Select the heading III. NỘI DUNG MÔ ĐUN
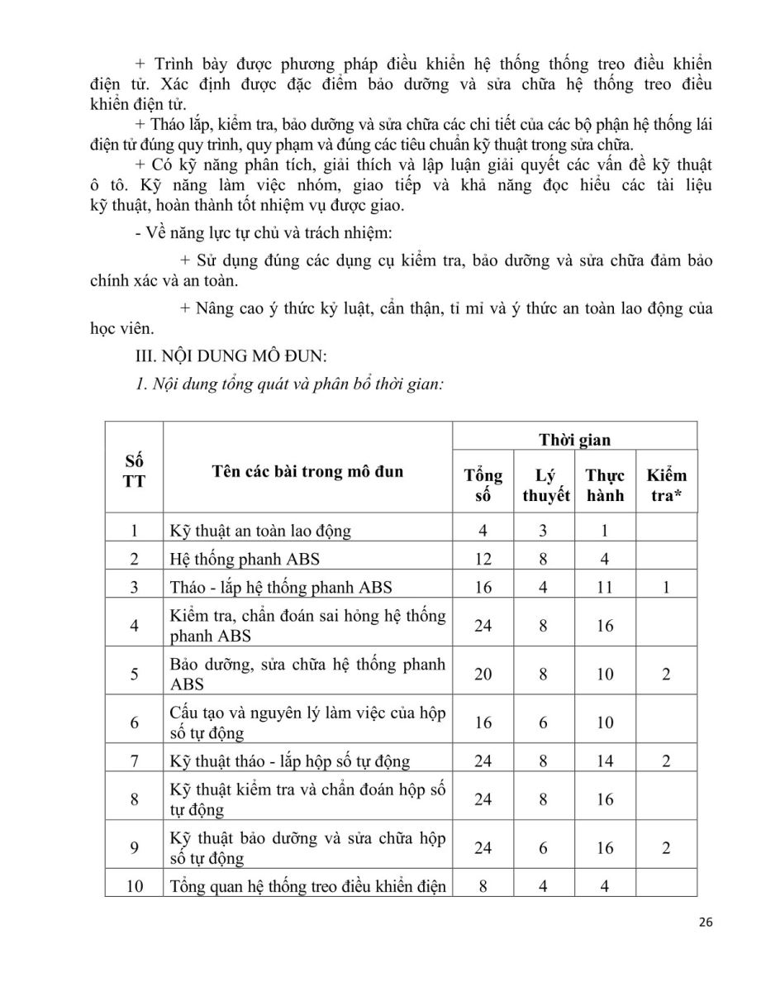[233, 356]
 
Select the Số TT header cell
[134, 469]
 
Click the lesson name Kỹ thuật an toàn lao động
[260, 531]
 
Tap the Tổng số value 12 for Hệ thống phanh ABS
[483, 559]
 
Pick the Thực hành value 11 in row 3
[605, 588]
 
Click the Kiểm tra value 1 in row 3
[666, 588]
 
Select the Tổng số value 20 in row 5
[483, 674]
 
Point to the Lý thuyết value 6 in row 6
[543, 723]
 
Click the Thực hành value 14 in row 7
[605, 761]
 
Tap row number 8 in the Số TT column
[134, 799]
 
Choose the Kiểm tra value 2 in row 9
[666, 848]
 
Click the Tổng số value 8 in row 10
[483, 886]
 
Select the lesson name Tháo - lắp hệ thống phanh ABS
[280, 588]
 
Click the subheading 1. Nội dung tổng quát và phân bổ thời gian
[291, 385]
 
